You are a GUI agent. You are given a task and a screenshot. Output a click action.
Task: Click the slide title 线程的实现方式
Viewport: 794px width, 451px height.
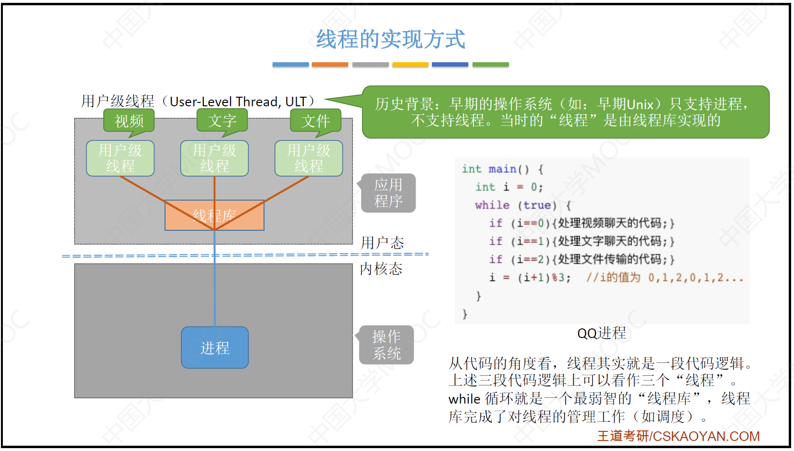point(390,39)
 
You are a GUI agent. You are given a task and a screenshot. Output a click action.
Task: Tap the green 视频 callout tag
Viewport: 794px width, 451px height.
point(129,121)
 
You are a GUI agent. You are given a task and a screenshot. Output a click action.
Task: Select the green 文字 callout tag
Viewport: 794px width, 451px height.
point(222,121)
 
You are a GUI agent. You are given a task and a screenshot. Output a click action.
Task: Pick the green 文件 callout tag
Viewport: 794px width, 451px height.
point(316,121)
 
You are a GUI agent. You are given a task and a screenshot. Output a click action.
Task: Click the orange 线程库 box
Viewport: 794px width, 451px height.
point(214,215)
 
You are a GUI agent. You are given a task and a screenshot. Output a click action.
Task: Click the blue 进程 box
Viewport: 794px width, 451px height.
point(215,348)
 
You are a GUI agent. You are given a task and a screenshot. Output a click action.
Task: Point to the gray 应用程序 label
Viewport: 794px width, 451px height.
point(388,193)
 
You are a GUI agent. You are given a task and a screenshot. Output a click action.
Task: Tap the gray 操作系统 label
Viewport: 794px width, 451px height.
point(386,345)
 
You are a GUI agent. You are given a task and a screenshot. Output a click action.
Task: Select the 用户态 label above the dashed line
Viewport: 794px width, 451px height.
point(382,243)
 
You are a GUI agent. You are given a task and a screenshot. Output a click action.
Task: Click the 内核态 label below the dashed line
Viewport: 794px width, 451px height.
point(381,269)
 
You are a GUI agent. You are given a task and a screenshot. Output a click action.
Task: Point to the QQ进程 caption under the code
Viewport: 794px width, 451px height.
point(602,333)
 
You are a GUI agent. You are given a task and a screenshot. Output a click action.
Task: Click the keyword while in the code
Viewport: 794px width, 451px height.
point(492,205)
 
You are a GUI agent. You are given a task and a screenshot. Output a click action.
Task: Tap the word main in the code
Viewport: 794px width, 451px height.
point(502,169)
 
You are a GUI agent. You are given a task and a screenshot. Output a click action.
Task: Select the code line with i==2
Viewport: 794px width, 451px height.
point(581,259)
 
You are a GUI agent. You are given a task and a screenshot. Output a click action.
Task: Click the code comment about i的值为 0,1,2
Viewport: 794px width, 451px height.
point(665,277)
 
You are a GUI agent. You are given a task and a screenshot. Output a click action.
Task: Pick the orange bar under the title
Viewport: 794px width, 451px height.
point(330,65)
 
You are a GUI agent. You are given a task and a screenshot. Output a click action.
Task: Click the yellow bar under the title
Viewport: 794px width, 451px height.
point(410,65)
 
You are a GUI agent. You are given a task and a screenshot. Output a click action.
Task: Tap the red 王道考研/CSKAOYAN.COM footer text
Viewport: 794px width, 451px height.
point(678,436)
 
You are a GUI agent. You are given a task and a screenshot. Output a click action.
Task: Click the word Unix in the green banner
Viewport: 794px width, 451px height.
point(640,104)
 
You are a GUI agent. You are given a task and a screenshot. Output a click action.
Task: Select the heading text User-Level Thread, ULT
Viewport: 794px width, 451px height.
point(238,102)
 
